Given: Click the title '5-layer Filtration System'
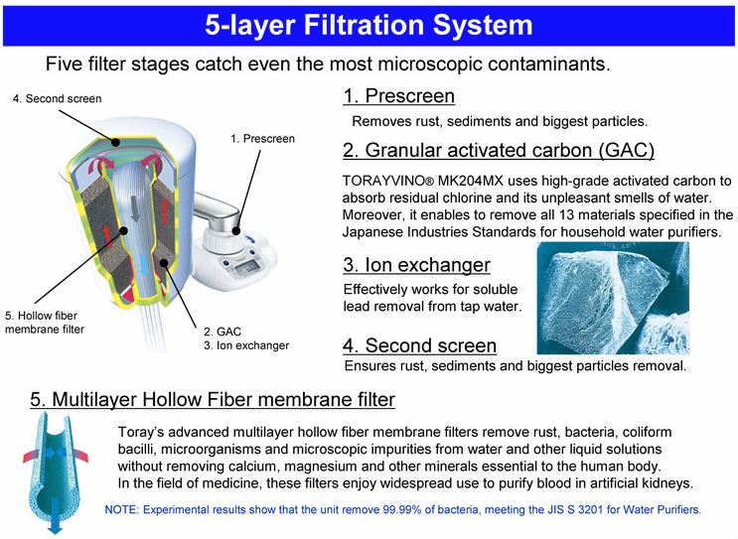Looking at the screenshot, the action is point(369,25).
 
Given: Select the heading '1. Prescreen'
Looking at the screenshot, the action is point(398,96).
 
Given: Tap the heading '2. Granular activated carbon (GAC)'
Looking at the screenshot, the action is point(499,151).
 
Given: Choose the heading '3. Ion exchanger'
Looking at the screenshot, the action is point(416,265).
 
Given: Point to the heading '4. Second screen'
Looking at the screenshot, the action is point(419,345).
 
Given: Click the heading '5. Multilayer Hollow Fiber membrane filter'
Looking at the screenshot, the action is point(213,400).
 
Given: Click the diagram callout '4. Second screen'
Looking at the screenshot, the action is point(57,99).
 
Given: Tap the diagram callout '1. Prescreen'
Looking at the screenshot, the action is point(262,139).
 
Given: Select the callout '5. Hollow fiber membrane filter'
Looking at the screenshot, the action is point(45,323).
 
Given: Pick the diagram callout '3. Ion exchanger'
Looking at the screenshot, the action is point(246,345).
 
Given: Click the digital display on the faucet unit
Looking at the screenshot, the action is point(246,268).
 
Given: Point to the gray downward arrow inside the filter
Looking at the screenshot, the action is point(135,207).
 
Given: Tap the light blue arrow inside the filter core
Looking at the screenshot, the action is point(144,266).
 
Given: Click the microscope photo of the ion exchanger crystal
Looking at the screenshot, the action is point(613,298).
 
